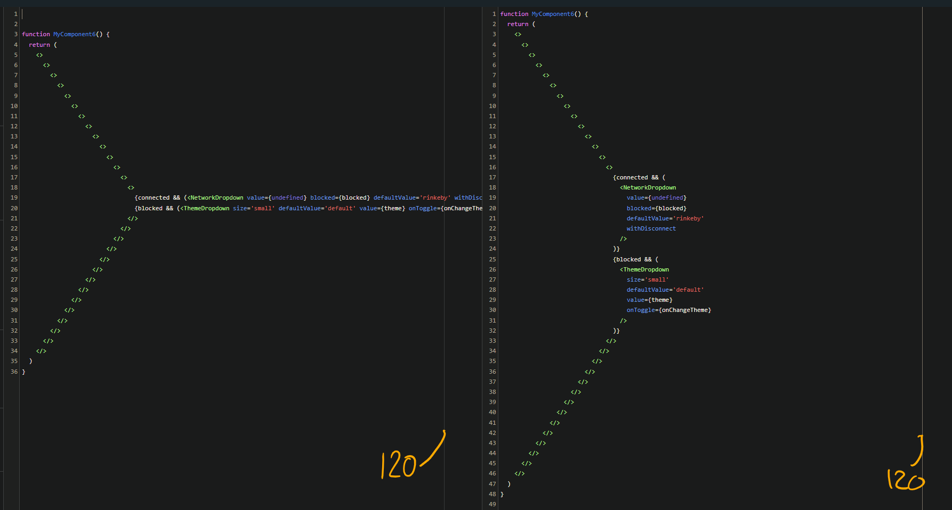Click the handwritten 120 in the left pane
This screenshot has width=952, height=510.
click(398, 466)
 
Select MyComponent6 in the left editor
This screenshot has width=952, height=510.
click(74, 34)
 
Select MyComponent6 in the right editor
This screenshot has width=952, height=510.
click(553, 14)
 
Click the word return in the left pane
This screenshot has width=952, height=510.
click(39, 45)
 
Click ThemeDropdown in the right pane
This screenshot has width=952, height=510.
click(646, 269)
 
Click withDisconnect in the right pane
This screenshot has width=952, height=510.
click(651, 228)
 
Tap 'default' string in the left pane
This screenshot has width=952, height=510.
click(340, 208)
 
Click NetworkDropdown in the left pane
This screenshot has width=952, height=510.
click(216, 198)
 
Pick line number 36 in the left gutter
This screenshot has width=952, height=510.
click(14, 372)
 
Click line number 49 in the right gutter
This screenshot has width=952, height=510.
click(492, 504)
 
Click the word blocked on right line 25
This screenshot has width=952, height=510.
click(628, 259)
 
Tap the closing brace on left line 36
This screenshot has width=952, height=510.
click(23, 372)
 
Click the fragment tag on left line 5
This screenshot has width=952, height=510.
click(39, 55)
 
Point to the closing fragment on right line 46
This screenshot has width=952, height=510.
click(520, 473)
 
